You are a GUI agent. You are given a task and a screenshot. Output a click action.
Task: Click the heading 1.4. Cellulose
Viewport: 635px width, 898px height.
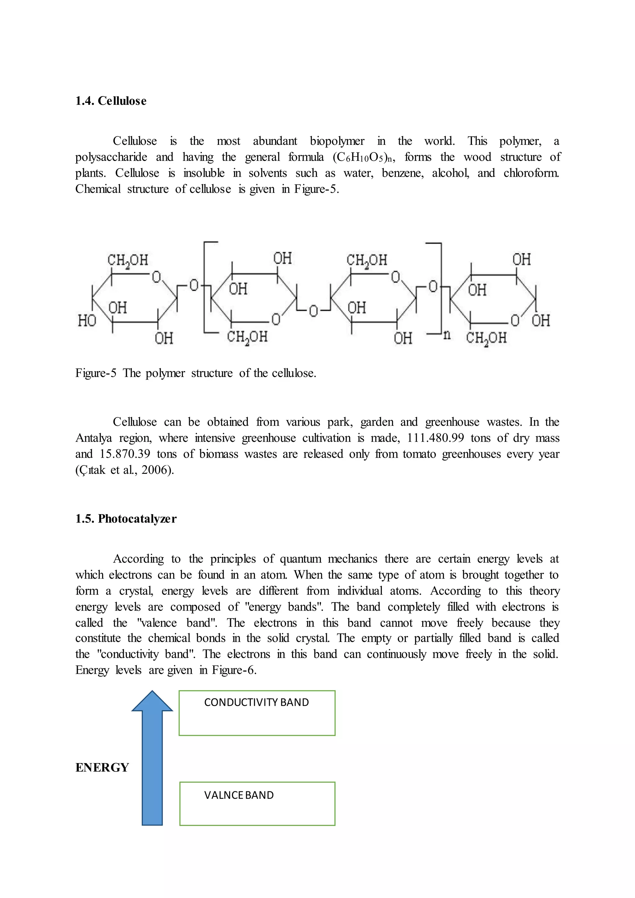point(111,101)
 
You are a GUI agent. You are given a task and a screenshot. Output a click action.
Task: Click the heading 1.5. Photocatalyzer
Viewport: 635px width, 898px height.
point(126,519)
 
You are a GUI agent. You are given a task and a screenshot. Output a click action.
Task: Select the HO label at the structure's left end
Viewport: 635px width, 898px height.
point(87,321)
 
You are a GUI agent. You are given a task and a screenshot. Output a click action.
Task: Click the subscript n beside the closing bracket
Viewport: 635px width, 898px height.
point(447,335)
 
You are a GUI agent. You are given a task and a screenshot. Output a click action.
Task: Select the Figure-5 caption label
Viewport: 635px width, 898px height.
point(96,373)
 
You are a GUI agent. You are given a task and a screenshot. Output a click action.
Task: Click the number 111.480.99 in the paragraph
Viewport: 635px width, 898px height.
point(435,438)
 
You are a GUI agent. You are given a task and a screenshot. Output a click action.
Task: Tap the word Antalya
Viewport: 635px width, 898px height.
point(94,438)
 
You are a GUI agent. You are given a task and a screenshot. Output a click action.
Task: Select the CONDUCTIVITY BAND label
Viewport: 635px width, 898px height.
point(256,702)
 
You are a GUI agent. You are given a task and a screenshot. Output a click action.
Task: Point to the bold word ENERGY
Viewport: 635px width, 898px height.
point(102,768)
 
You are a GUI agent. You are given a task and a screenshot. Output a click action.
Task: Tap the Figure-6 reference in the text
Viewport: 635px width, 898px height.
point(233,670)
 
